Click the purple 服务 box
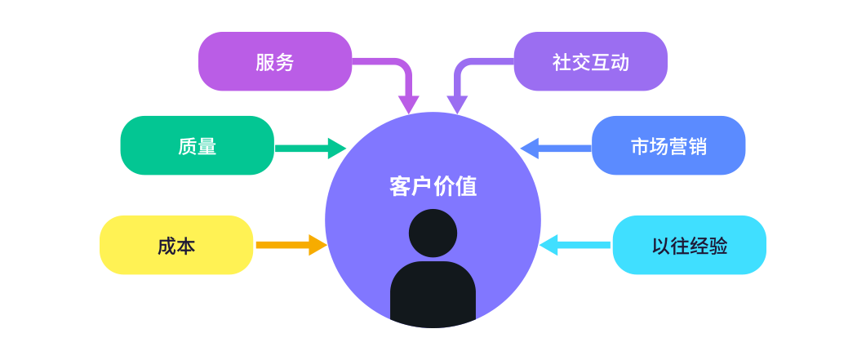click(x=275, y=62)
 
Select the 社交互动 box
click(x=590, y=62)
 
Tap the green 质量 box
click(x=197, y=146)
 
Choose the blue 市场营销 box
click(x=668, y=146)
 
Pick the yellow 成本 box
click(x=176, y=246)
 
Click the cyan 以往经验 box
click(x=689, y=246)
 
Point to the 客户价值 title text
click(x=433, y=186)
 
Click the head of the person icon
click(x=433, y=233)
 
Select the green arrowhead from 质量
click(x=336, y=148)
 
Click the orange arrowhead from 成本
click(x=317, y=245)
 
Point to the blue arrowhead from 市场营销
click(x=530, y=148)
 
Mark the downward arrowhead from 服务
click(x=408, y=104)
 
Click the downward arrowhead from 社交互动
click(x=457, y=104)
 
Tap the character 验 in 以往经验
click(x=718, y=246)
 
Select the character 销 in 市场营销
click(x=697, y=146)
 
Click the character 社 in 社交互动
click(x=562, y=62)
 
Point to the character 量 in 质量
click(x=207, y=146)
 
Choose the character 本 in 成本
click(x=186, y=246)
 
